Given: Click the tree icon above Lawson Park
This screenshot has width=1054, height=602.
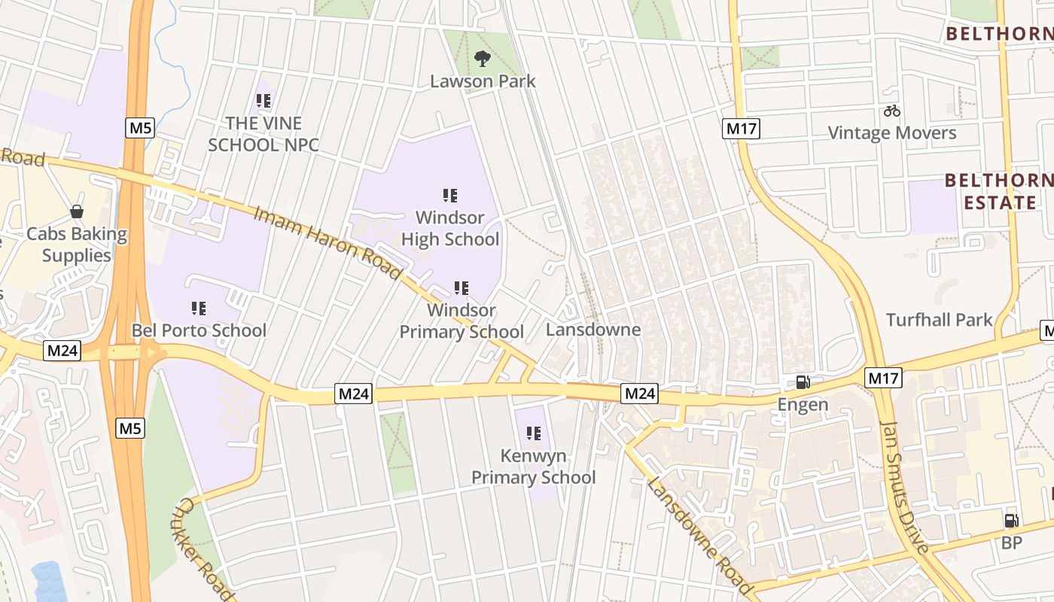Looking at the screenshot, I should (x=482, y=57).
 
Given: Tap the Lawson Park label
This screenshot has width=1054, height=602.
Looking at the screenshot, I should (x=483, y=81).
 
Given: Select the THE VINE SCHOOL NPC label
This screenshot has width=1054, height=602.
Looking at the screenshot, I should (x=263, y=134).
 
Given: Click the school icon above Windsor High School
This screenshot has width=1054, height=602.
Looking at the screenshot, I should (x=450, y=196).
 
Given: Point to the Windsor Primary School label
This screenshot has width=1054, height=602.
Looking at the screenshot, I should (x=462, y=321).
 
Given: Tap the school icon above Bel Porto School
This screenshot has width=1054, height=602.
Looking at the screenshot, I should (x=199, y=308).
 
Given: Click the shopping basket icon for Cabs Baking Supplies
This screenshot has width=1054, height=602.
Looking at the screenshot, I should (x=77, y=211).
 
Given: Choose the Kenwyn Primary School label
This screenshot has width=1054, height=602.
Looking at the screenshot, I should (x=533, y=467).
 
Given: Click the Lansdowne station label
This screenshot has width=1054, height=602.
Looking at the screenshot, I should (x=593, y=330).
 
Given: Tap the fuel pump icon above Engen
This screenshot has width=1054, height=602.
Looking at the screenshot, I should (x=803, y=382).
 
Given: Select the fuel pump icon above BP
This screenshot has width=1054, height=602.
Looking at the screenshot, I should (x=1011, y=521).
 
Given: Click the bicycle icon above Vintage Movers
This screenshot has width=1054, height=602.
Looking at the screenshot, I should (x=892, y=111).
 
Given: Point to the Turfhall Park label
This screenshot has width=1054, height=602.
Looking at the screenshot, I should (x=940, y=320).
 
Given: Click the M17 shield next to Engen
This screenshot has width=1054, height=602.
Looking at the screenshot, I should (x=883, y=377).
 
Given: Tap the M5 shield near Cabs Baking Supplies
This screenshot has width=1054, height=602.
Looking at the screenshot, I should (x=140, y=128).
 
